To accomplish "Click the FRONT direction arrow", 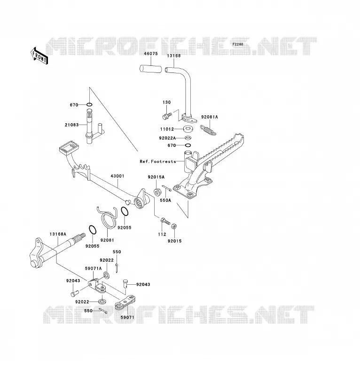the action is click(39, 56).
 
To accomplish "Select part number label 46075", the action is click(151, 54).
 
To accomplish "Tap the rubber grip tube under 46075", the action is click(151, 69).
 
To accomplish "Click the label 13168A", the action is click(58, 234).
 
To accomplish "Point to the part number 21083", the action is click(72, 125).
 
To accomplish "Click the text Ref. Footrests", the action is click(158, 161).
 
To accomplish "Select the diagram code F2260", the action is click(238, 44).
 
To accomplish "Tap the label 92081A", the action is click(210, 117).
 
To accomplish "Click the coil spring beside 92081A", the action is click(208, 130).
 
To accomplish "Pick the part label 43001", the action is click(117, 176).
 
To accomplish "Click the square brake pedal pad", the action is click(68, 147).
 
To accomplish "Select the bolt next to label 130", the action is click(167, 116).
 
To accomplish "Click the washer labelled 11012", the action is click(187, 128).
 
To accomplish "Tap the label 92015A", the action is click(156, 177).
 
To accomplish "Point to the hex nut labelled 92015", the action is click(174, 226).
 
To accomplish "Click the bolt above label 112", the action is click(165, 221).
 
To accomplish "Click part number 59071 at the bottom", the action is click(127, 317).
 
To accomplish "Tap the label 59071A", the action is click(93, 269).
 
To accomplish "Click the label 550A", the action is click(165, 200).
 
